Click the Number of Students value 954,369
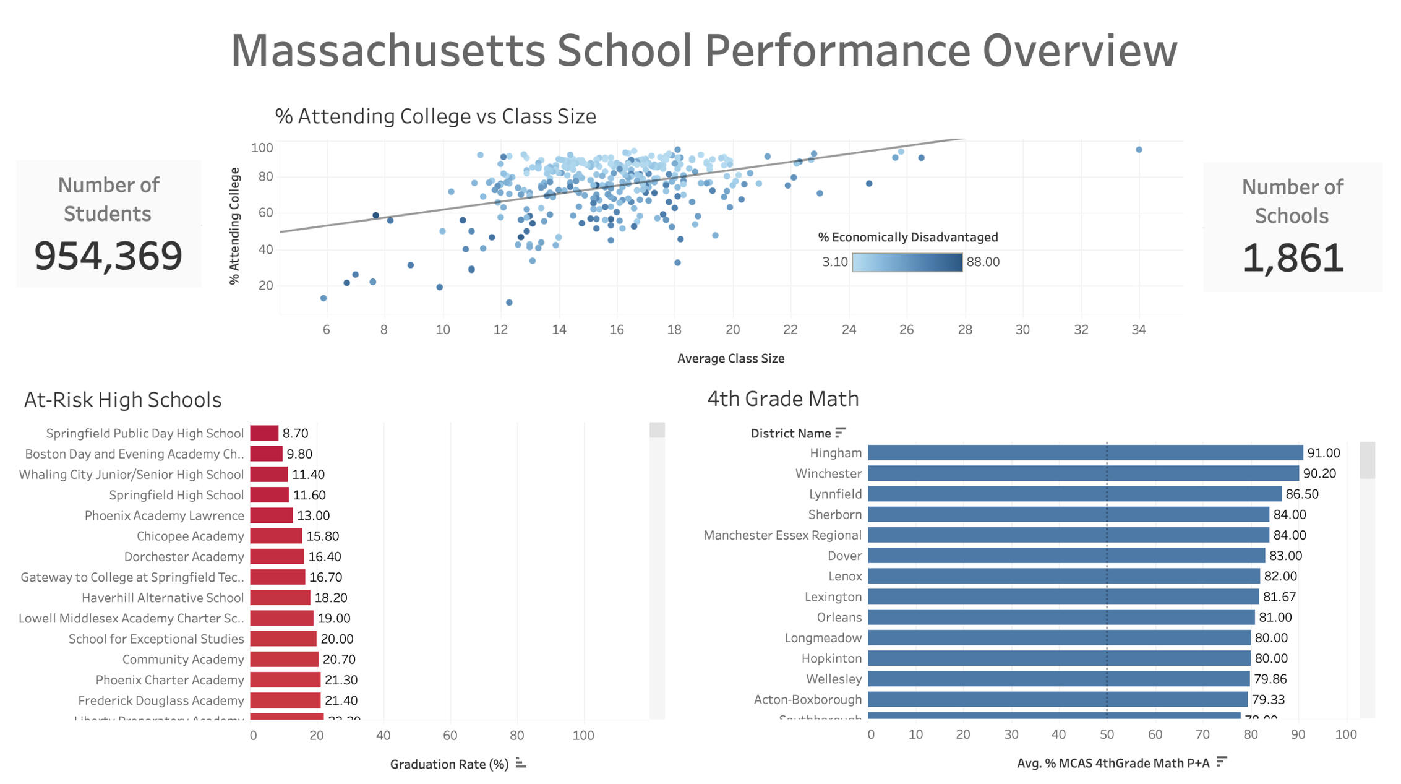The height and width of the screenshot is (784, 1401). click(108, 256)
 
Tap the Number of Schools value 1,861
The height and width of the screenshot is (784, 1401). click(1293, 258)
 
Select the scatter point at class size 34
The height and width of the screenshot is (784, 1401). click(1139, 150)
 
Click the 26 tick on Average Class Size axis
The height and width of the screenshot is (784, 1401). click(906, 330)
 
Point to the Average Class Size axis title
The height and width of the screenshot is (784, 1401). click(730, 358)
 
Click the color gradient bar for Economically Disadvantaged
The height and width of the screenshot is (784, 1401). click(907, 262)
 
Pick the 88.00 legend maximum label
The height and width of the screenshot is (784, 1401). click(983, 262)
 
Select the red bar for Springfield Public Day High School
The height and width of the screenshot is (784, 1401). click(264, 433)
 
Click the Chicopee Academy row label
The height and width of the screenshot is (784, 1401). click(190, 536)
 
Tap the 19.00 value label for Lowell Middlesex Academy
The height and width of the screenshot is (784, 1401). click(334, 618)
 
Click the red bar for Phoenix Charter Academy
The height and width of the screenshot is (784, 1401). click(285, 680)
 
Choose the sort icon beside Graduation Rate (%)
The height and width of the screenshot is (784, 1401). click(521, 764)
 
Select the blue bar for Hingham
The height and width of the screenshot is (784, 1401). click(1085, 453)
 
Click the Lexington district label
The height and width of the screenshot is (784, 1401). click(833, 597)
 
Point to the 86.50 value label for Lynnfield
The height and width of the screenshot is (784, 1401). click(1302, 494)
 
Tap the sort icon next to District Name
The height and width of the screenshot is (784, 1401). click(840, 433)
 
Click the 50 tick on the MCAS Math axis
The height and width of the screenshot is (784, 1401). click(1107, 734)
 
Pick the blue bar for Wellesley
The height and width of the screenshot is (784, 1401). click(1058, 679)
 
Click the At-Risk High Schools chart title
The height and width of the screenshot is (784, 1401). click(122, 400)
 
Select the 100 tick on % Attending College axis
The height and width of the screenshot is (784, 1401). click(262, 148)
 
